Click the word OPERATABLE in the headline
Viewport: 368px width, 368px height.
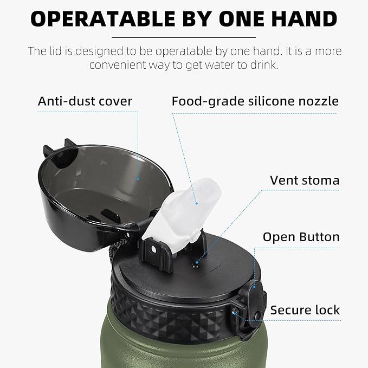tap(102, 19)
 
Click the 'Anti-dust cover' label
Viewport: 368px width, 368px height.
tap(85, 101)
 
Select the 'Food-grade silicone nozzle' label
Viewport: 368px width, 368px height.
tap(255, 102)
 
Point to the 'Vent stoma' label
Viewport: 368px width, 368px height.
tap(305, 180)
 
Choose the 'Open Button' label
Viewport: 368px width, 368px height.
tap(301, 237)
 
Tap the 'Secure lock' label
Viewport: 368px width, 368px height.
tap(305, 310)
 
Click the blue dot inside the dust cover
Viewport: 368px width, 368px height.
tap(138, 179)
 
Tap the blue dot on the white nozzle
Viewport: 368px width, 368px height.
tap(196, 203)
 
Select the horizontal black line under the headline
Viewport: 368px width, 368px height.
tap(184, 37)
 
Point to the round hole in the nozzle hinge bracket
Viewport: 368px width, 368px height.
tap(153, 249)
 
